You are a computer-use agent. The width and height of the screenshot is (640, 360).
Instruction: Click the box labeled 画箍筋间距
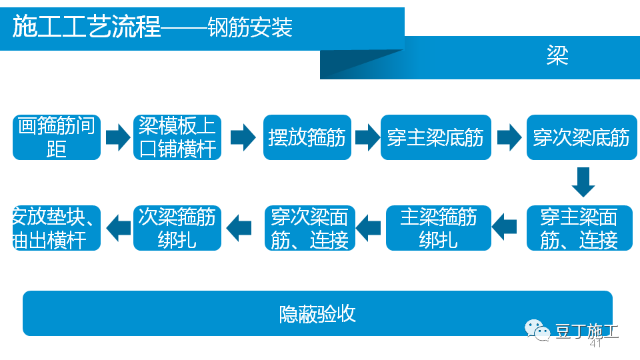[x=57, y=137]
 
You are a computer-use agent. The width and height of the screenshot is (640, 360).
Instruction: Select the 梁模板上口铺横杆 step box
[x=177, y=137]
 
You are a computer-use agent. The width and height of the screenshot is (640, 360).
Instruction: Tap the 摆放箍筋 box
[x=307, y=137]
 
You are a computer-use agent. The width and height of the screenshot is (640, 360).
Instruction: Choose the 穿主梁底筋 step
[x=435, y=137]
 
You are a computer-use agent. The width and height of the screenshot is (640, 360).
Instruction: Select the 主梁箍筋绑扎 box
[x=438, y=228]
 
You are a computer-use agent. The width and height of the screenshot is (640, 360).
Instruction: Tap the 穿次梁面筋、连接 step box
[x=309, y=228]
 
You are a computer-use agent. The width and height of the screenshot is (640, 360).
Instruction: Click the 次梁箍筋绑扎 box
[x=177, y=228]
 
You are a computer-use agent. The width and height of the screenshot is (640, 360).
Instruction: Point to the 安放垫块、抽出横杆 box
[x=57, y=228]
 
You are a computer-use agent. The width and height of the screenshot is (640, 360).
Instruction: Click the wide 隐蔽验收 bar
[x=317, y=313]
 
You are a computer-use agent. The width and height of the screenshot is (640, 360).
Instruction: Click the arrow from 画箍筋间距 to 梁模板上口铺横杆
[x=117, y=137]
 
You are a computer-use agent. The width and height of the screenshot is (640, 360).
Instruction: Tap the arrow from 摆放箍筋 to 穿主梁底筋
[x=367, y=137]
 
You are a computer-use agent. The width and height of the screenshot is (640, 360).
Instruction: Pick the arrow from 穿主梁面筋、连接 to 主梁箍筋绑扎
[x=505, y=227]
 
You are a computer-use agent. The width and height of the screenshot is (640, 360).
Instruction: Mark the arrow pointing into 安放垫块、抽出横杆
[x=118, y=227]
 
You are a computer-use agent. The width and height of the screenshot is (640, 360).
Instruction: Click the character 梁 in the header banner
[x=557, y=56]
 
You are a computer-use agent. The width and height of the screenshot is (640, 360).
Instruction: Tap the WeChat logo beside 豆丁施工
[x=537, y=329]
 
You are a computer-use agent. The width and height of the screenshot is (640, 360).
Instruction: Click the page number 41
[x=595, y=344]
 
